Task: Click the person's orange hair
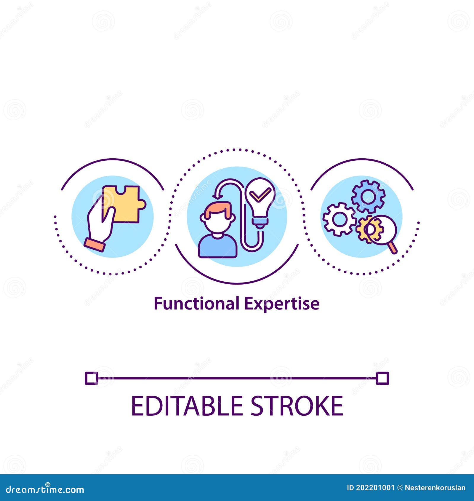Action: [x=219, y=209]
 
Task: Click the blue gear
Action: [x=368, y=196]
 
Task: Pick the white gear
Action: [x=339, y=219]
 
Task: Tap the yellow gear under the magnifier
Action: [x=367, y=230]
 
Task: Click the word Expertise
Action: [x=282, y=304]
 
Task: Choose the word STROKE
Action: [x=297, y=406]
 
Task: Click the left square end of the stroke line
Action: [x=91, y=378]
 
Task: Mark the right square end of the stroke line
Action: [x=382, y=378]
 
